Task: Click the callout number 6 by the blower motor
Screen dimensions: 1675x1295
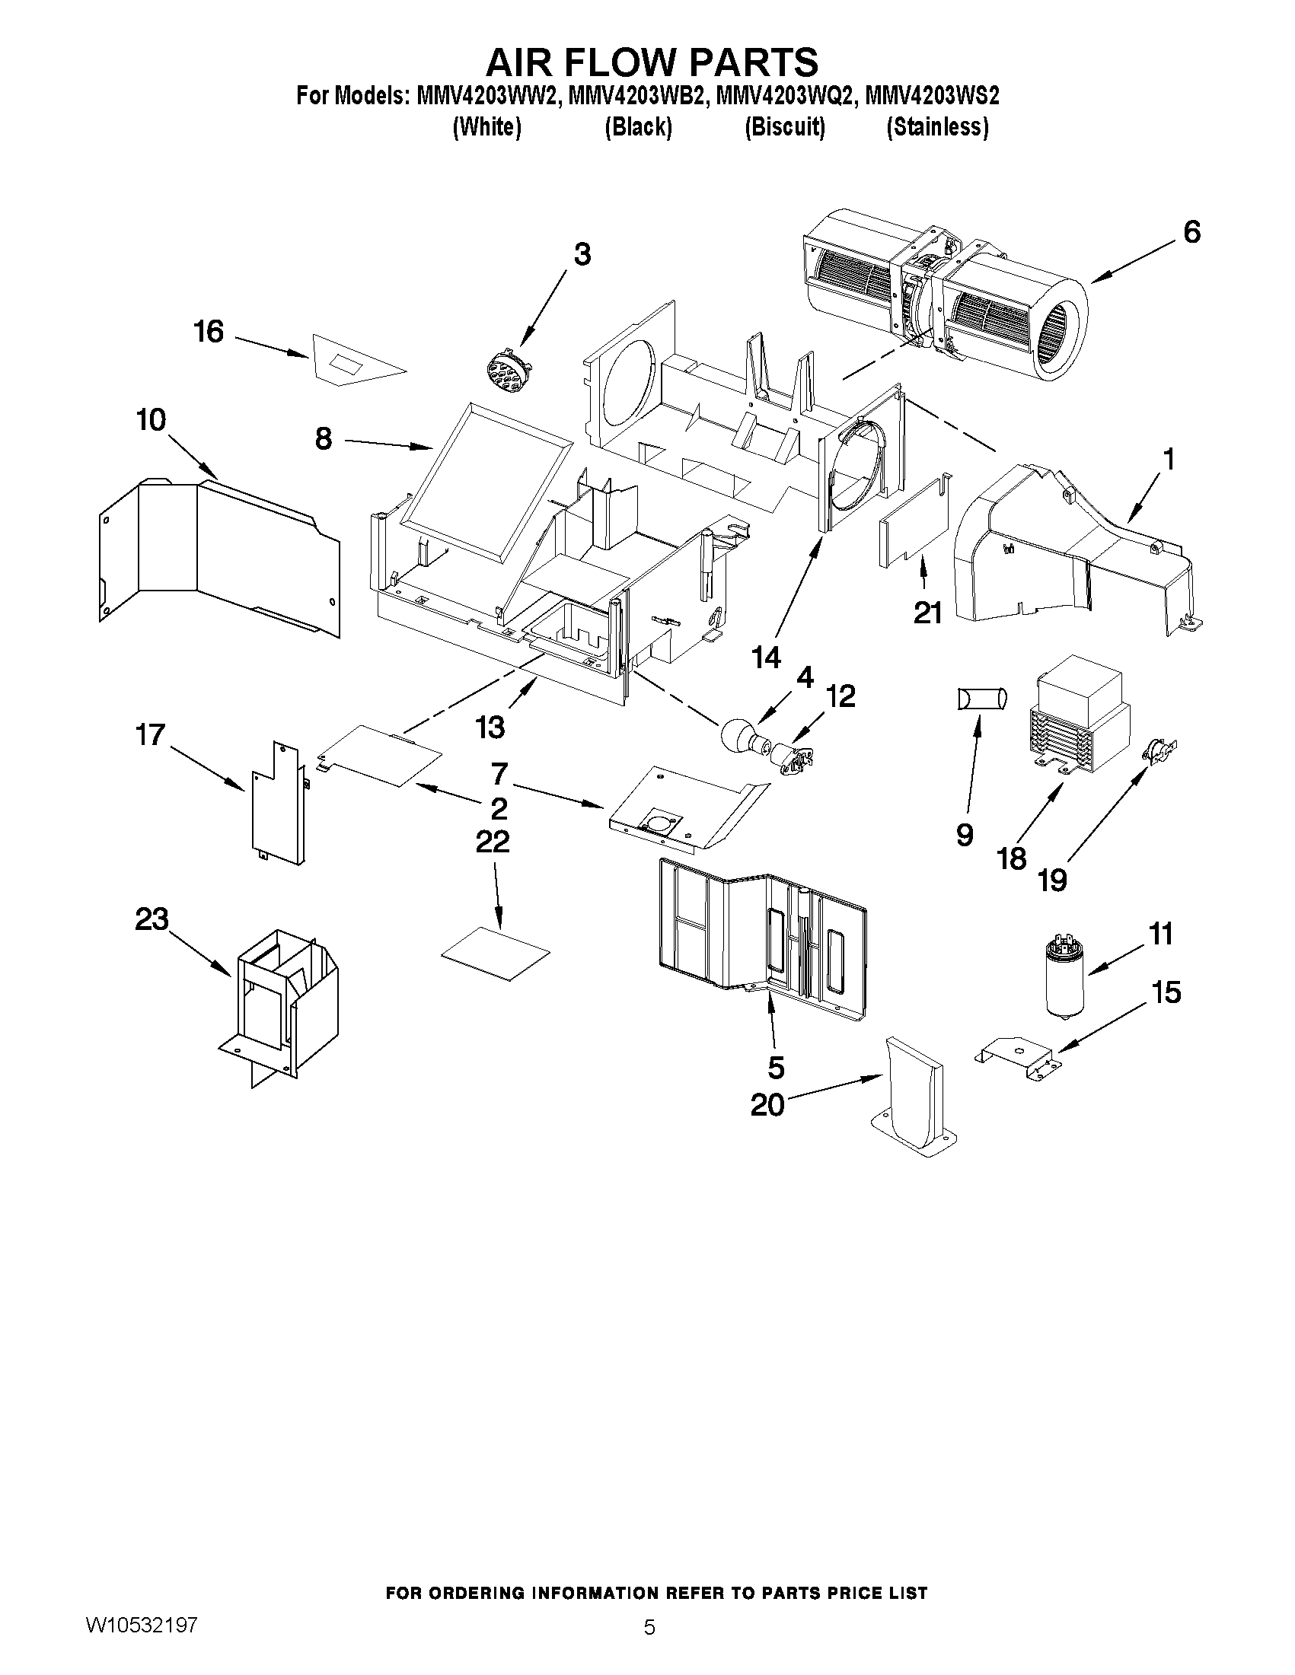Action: (x=1191, y=231)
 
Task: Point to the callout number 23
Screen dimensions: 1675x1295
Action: (x=152, y=919)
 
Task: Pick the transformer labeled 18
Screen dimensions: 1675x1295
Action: (x=1077, y=721)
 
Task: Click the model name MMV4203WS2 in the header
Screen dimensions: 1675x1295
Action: (x=931, y=97)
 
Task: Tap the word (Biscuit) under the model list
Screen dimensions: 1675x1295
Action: (x=785, y=127)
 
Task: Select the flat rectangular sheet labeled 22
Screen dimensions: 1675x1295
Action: (x=496, y=952)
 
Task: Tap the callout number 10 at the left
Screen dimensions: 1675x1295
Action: (x=152, y=420)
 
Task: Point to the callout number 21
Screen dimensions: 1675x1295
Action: (x=927, y=612)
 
